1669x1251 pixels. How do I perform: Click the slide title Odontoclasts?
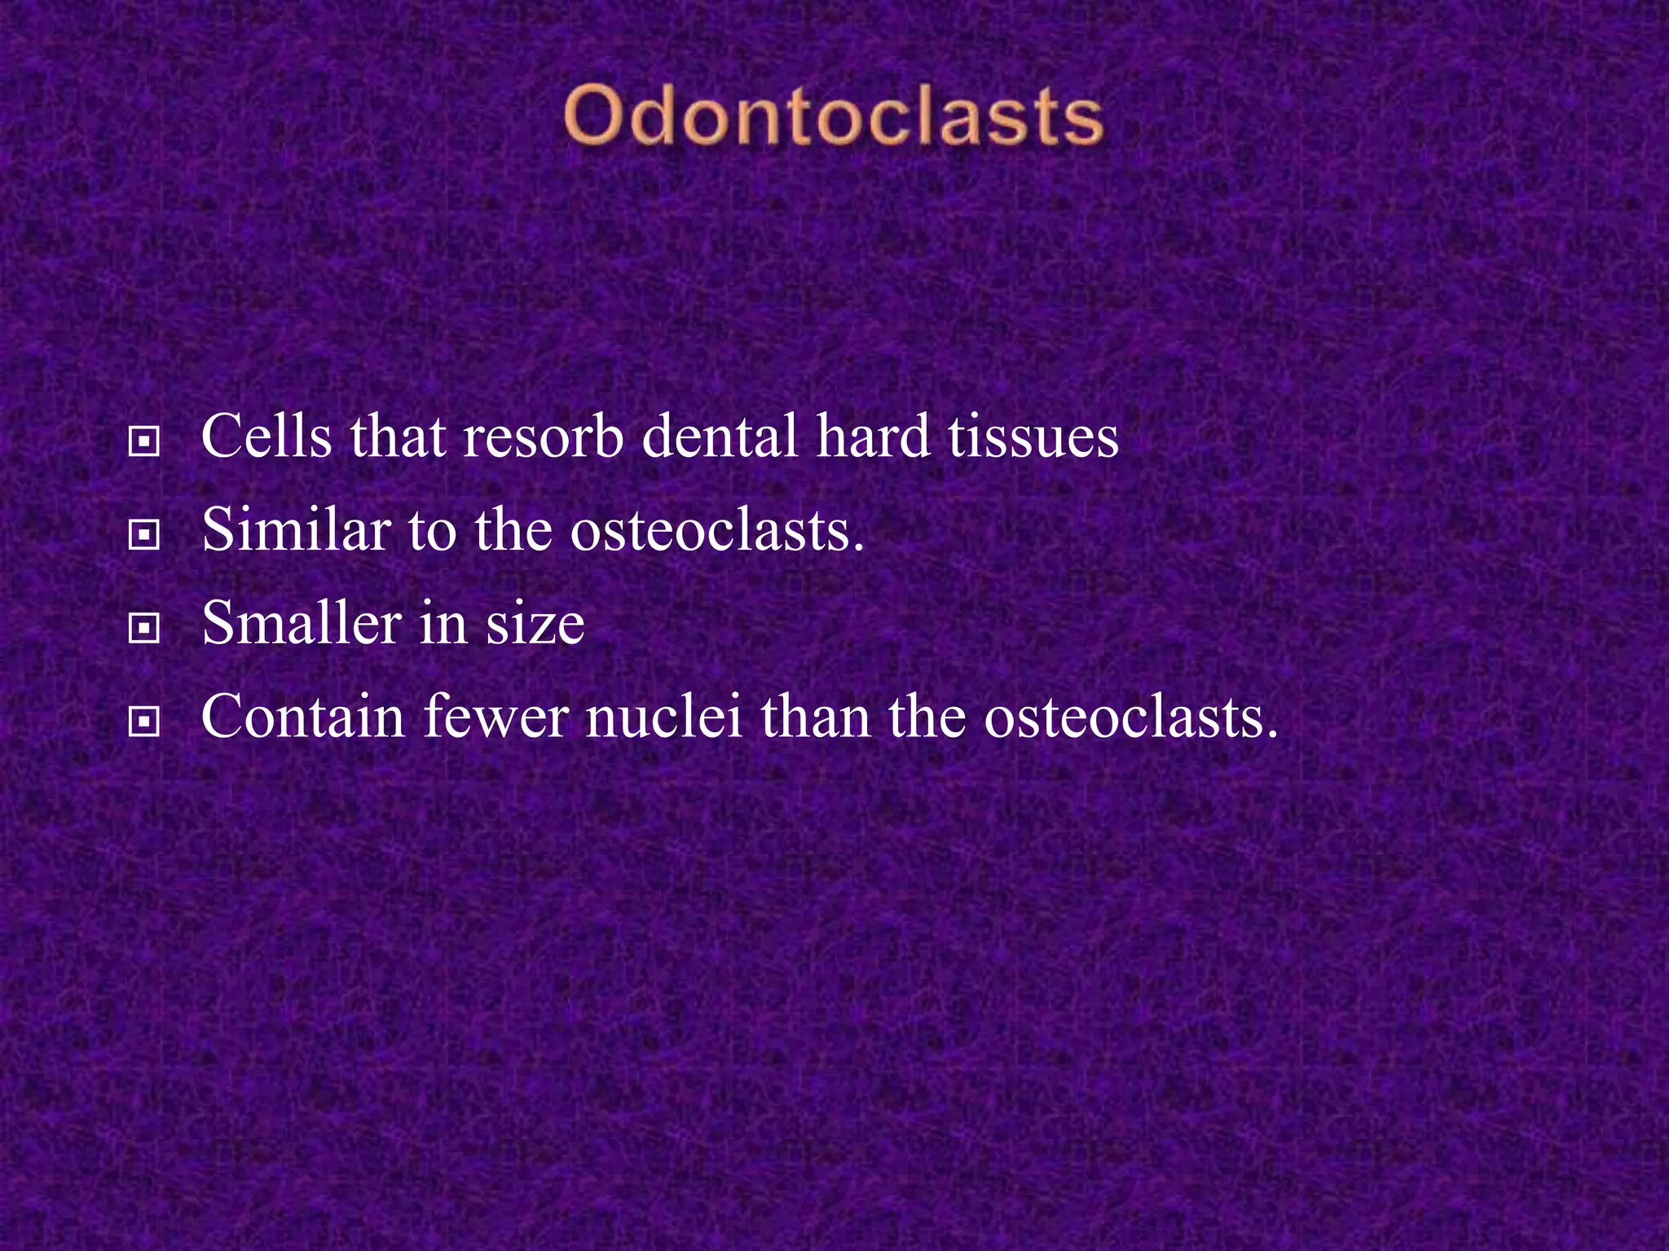pos(833,116)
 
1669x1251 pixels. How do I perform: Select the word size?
pos(535,624)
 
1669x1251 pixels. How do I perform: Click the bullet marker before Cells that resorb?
pos(144,442)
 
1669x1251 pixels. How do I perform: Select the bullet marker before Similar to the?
pos(144,535)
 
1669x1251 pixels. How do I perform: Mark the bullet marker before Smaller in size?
pos(144,629)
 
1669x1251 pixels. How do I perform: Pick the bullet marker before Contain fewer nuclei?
pos(144,722)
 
